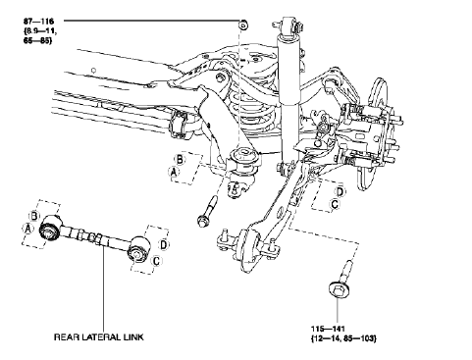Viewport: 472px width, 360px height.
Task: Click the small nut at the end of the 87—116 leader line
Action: pos(242,21)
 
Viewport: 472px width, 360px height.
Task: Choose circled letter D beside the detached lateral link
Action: pos(164,242)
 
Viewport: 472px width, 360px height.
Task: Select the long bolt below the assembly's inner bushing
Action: pos(209,208)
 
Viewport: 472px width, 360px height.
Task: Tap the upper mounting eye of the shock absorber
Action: pos(288,22)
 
